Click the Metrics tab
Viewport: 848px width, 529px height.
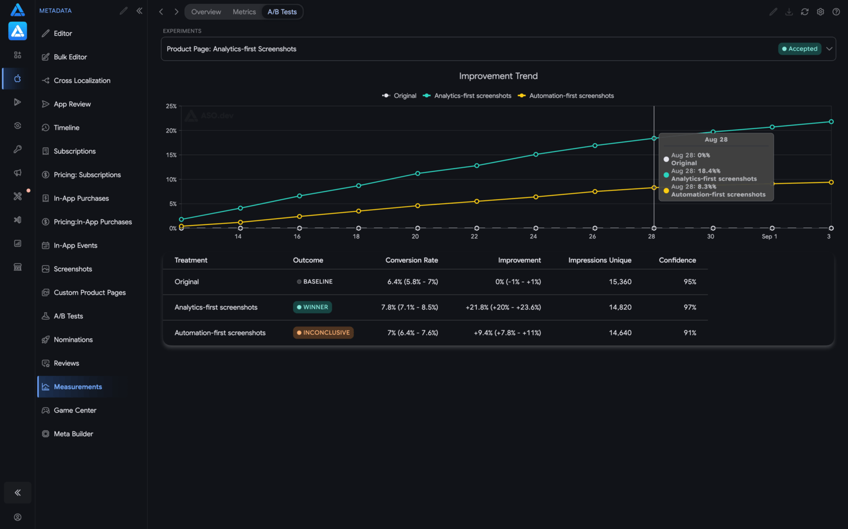(x=244, y=12)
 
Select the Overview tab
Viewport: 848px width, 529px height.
(x=206, y=12)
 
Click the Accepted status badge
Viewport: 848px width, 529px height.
(x=800, y=49)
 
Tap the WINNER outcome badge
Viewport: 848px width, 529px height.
(x=312, y=307)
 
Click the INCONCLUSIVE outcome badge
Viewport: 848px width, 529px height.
(x=323, y=332)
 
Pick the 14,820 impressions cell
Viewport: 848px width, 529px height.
(x=620, y=307)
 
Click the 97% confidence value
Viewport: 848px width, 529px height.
(x=690, y=307)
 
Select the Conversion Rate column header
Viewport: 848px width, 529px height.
(x=412, y=260)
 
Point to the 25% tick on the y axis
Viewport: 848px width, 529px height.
(x=171, y=106)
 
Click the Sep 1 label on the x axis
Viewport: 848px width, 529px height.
(x=769, y=236)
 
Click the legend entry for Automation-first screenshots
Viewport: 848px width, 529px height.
(x=566, y=96)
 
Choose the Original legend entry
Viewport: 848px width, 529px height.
(x=399, y=96)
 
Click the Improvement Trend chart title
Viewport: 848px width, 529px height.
(x=498, y=76)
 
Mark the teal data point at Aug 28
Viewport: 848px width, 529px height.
(x=654, y=138)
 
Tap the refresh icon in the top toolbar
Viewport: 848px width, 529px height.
(x=804, y=12)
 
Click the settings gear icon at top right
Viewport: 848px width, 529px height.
(x=820, y=12)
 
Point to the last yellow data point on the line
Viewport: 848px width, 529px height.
(x=831, y=182)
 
